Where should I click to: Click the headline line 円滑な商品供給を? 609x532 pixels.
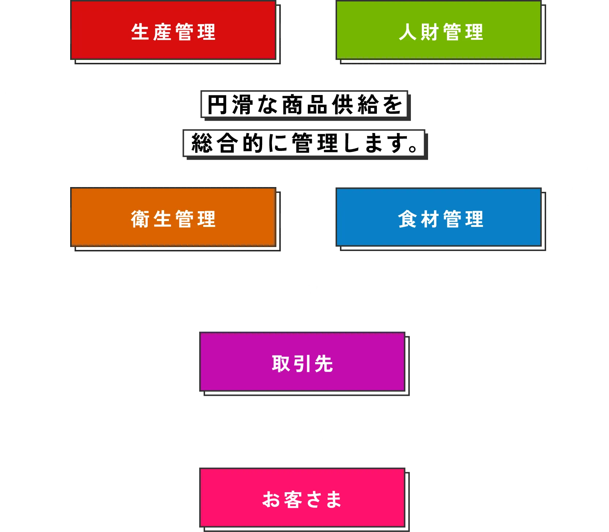click(304, 105)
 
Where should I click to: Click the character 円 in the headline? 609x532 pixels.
click(217, 105)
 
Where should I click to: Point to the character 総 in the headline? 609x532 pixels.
click(202, 143)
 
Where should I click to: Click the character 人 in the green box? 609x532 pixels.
click(408, 32)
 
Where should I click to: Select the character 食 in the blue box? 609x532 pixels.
click(408, 219)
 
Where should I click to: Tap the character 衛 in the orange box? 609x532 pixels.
click(140, 219)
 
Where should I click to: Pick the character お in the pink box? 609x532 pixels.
click(271, 499)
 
